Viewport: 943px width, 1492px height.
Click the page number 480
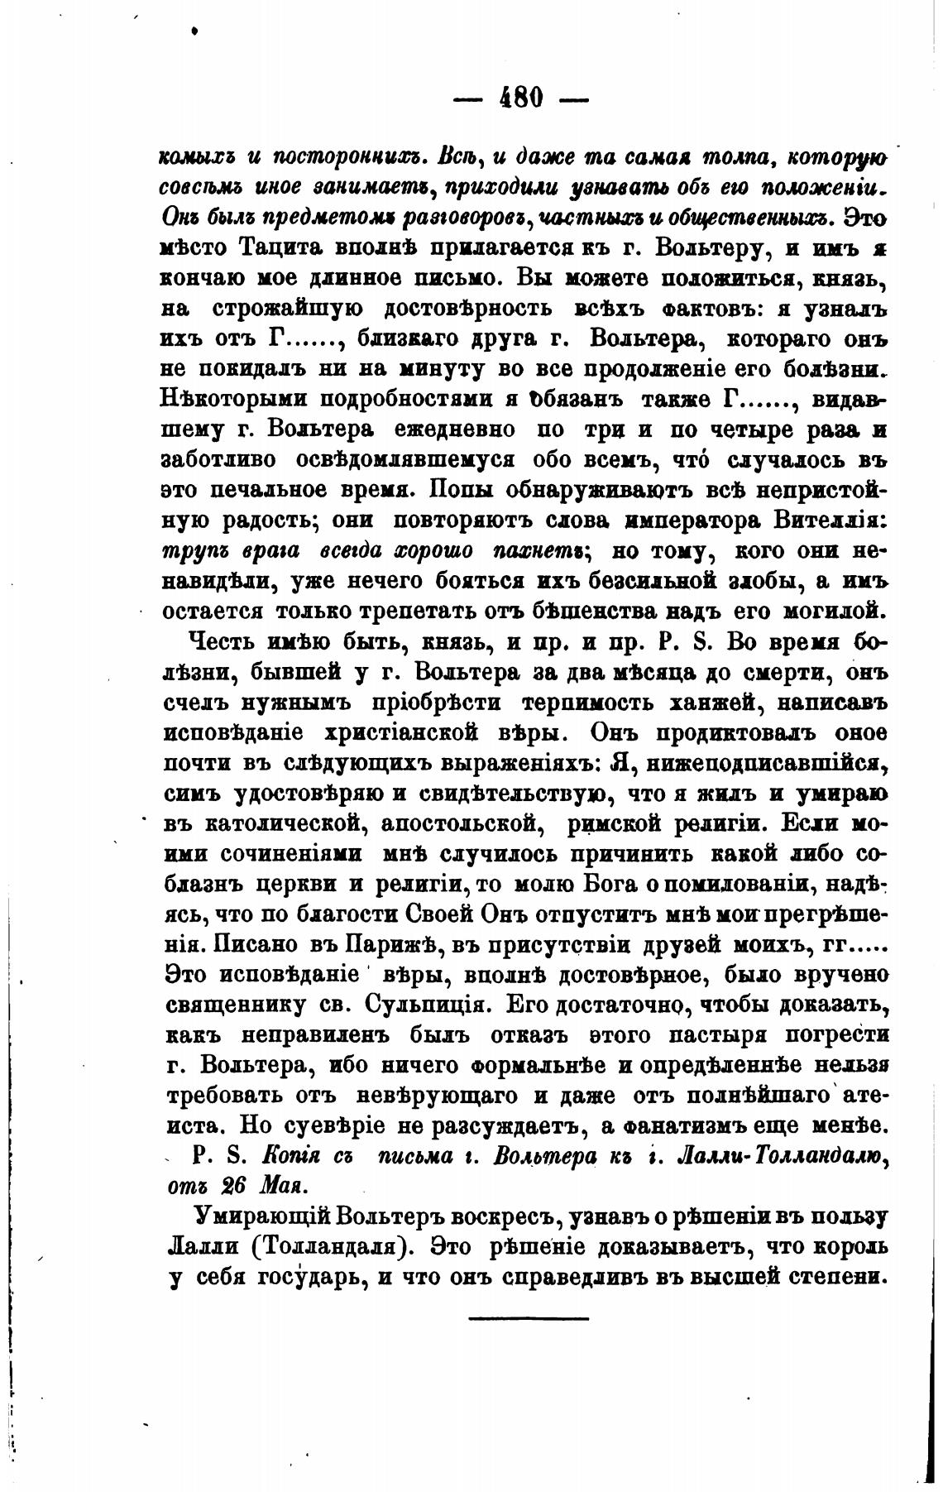click(x=521, y=98)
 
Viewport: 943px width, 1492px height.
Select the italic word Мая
click(x=282, y=1185)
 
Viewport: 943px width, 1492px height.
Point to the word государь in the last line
click(x=296, y=1277)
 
